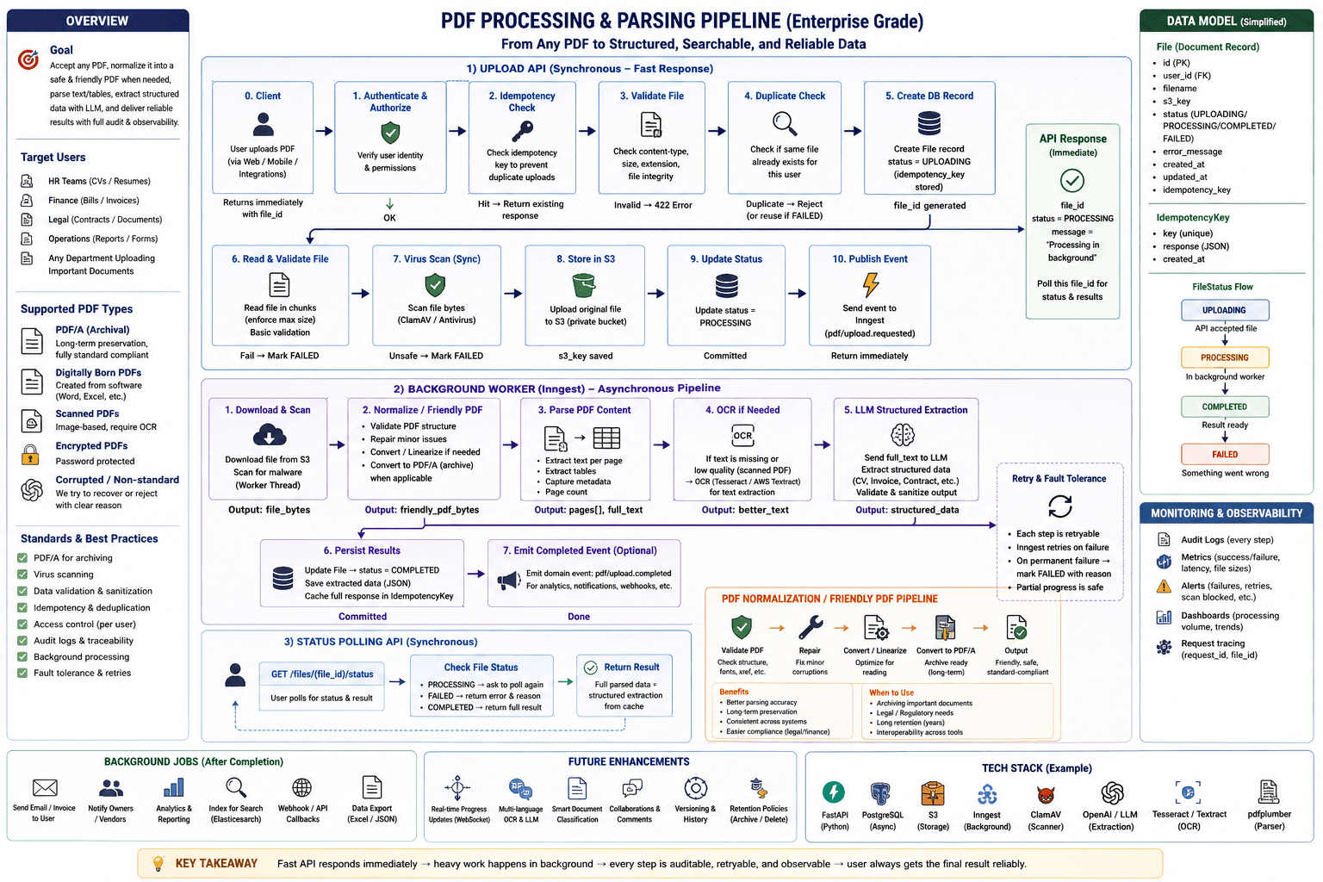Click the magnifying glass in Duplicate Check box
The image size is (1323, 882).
785,124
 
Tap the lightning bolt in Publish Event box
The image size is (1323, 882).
871,285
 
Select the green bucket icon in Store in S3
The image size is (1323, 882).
583,285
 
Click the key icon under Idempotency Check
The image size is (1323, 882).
522,131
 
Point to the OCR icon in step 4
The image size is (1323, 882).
742,435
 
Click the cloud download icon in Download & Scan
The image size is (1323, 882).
270,435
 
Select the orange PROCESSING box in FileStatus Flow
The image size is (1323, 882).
1224,357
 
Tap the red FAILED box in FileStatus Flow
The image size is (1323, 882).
1224,454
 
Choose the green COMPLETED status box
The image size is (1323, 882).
1224,407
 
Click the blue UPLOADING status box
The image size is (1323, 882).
1224,310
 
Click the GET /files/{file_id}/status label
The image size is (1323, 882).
322,674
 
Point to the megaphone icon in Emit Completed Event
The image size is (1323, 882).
508,581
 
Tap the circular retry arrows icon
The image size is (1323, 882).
1059,506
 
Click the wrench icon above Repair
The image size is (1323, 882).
811,627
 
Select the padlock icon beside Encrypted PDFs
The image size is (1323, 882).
30,454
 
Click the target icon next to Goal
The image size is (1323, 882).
28,59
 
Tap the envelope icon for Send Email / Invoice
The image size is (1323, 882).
45,787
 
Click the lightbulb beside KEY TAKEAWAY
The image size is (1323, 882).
158,863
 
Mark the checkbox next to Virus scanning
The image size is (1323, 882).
22,575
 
